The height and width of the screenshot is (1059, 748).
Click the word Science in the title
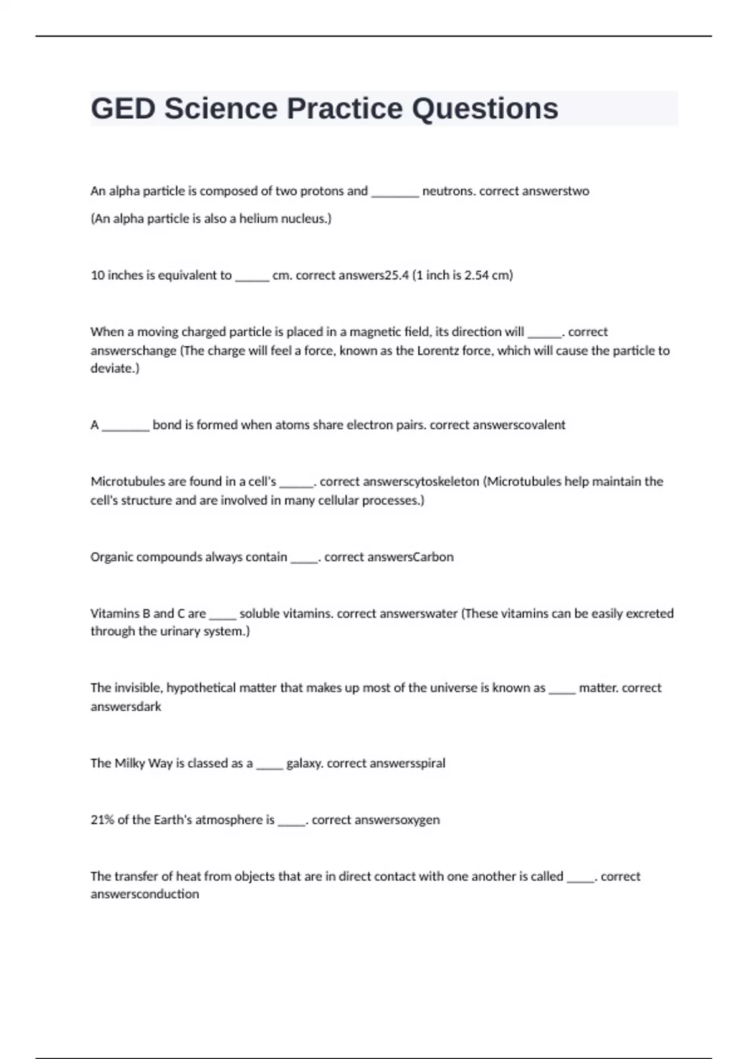[221, 109]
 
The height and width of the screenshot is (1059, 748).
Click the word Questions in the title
[485, 109]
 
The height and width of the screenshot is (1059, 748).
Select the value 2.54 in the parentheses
[476, 275]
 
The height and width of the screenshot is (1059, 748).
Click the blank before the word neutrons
[395, 192]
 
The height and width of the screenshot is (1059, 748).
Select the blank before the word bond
[125, 425]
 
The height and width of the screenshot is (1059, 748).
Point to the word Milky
[130, 764]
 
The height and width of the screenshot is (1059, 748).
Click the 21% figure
[102, 820]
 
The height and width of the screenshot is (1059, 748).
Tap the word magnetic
[376, 332]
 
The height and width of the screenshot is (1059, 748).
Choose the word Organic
[112, 557]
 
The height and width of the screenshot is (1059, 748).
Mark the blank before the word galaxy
[269, 764]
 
